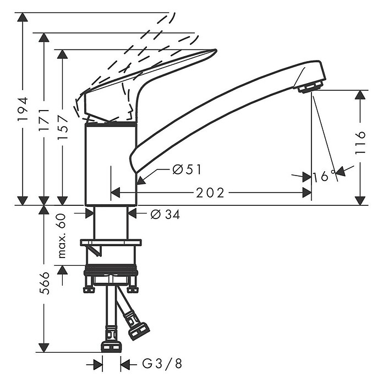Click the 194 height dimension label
click(23, 109)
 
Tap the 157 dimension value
click(63, 127)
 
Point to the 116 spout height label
click(360, 143)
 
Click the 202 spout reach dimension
click(210, 193)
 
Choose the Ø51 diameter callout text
click(187, 169)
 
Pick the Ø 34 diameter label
click(165, 215)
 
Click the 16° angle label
click(324, 176)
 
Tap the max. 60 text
click(62, 236)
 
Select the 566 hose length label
click(44, 283)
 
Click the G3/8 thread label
click(162, 364)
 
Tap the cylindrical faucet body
click(111, 163)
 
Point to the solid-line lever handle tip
click(216, 51)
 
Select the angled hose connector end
click(138, 331)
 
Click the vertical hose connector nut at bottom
click(111, 347)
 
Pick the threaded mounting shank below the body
click(111, 223)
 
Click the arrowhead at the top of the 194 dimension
click(23, 17)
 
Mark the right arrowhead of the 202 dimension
click(307, 193)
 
